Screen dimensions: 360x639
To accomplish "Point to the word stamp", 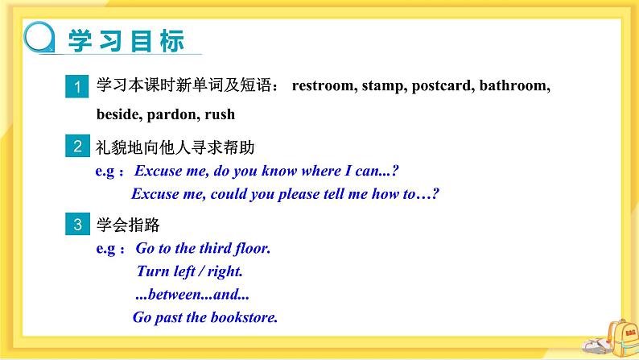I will point(383,85).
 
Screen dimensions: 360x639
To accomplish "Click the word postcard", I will point(442,85).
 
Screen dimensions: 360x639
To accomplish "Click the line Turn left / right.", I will point(189,271).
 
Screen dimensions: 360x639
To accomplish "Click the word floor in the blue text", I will point(252,249).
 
